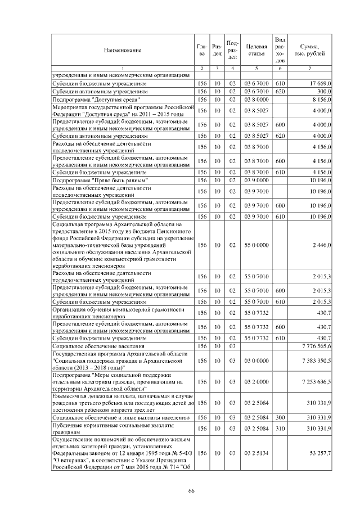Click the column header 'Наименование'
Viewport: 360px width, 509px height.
[122, 51]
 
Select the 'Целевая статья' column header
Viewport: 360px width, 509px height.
[256, 51]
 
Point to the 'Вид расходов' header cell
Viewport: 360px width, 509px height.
[280, 49]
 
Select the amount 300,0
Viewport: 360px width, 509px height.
[323, 91]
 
